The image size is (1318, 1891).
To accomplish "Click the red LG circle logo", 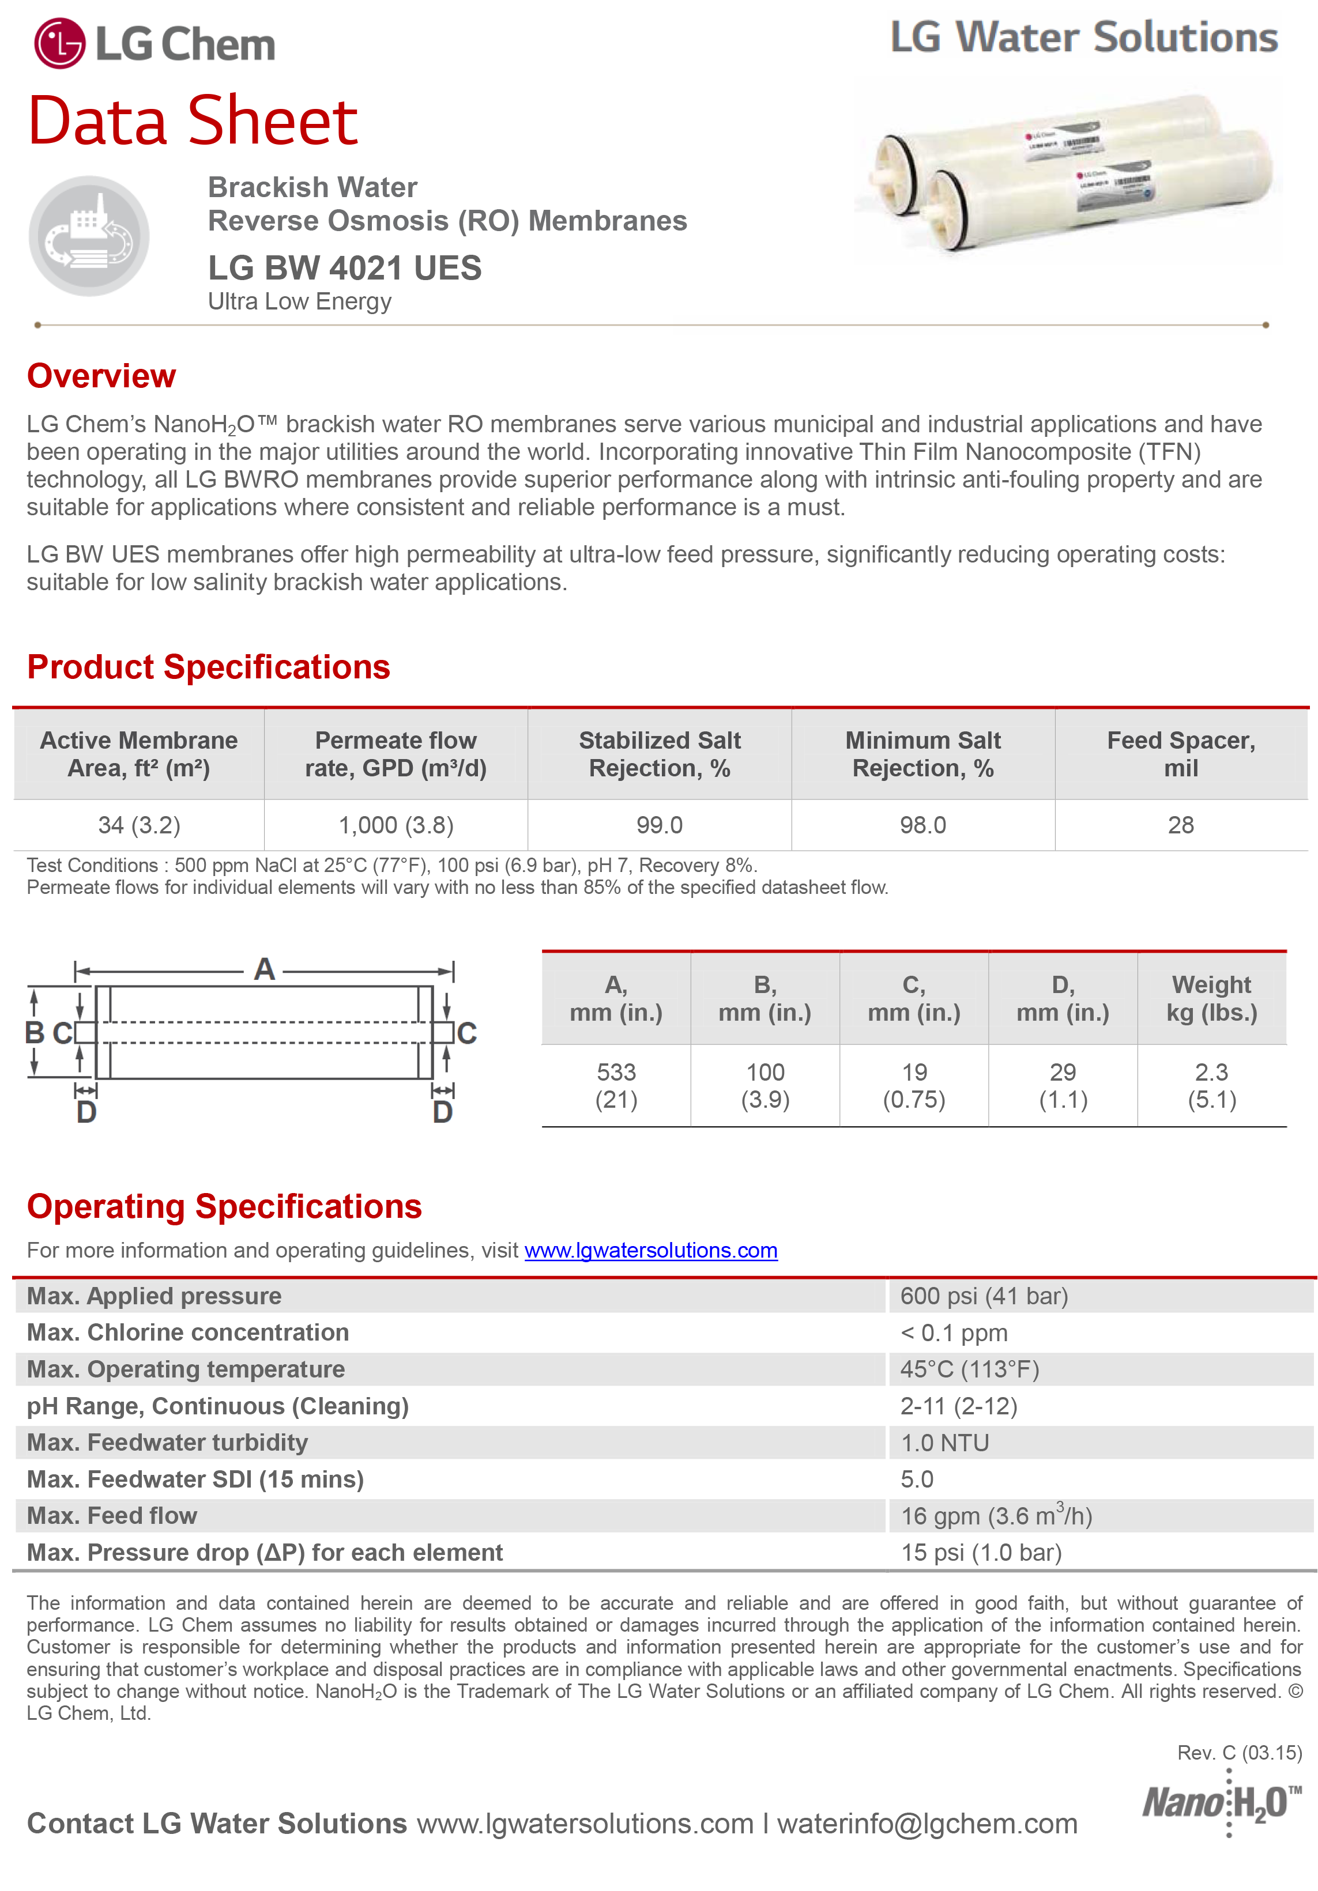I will point(59,44).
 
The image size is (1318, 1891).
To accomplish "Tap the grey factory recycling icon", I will point(89,236).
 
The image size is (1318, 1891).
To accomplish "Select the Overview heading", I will point(101,376).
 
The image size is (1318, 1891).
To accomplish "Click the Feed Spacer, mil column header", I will point(1180,754).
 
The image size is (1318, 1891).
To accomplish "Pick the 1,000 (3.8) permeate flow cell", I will point(396,825).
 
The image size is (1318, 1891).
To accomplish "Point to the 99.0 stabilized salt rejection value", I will point(659,825).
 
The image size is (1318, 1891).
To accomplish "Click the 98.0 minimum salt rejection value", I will point(922,825).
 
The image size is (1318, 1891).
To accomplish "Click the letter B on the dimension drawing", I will point(35,1033).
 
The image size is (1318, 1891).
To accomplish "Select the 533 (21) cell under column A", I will point(616,1085).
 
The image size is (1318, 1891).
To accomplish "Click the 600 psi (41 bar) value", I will point(984,1296).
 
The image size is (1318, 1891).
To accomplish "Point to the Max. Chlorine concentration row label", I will point(188,1333).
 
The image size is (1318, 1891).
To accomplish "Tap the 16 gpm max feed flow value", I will point(996,1516).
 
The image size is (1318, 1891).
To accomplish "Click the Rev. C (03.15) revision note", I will point(1239,1753).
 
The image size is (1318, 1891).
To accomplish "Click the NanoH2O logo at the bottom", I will point(1221,1804).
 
